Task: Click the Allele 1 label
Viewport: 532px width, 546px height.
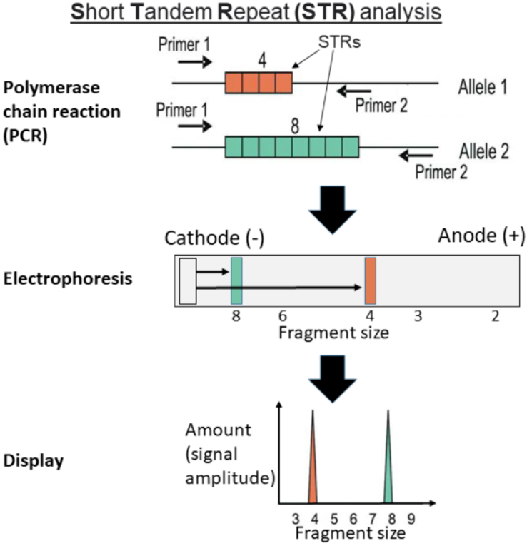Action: (483, 86)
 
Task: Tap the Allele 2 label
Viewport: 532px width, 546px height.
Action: (484, 151)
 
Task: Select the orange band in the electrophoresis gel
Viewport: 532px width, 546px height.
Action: (371, 280)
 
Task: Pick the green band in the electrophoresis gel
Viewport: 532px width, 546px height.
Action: (236, 280)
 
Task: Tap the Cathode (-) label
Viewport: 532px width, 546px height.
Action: (214, 238)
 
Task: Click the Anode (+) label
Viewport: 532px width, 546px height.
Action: (481, 236)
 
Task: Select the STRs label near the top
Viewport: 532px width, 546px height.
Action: (339, 42)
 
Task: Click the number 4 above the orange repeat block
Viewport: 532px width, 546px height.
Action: (262, 60)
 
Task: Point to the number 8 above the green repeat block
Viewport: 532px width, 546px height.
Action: (295, 126)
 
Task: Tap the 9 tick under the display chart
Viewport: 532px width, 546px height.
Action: (411, 519)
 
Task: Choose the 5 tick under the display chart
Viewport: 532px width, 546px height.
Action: (334, 519)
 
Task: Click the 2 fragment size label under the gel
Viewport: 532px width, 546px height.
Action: (495, 316)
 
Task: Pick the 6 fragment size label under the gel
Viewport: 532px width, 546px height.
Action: (283, 316)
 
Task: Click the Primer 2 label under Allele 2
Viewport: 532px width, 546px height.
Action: (441, 172)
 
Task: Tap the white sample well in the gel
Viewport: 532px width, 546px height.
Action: (188, 281)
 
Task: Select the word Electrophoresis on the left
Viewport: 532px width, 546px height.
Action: (68, 279)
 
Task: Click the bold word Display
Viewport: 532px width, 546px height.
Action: (34, 460)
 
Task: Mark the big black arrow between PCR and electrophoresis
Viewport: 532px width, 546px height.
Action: (333, 209)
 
